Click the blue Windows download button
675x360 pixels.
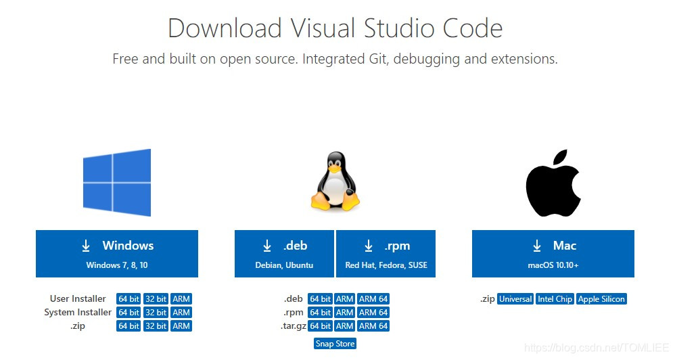[x=116, y=253]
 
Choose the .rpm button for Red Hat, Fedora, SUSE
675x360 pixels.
[x=386, y=253]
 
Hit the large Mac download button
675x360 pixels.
[x=553, y=253]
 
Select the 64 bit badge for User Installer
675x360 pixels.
[x=129, y=299]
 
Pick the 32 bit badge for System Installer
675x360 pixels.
[x=156, y=313]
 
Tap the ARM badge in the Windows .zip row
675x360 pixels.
[x=181, y=326]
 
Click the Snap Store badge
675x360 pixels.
[x=335, y=344]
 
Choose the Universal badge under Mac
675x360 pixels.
[x=516, y=299]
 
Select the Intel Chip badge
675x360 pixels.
[x=555, y=299]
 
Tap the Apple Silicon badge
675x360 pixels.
[x=601, y=299]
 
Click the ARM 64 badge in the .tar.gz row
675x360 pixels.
[x=373, y=326]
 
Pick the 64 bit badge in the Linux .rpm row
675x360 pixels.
[x=320, y=313]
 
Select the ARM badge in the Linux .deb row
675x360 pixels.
[x=345, y=299]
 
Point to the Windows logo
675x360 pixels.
[x=116, y=183]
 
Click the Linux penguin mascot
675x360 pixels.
[x=335, y=181]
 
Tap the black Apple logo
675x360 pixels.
[x=553, y=183]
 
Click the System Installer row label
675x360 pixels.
[x=78, y=313]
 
